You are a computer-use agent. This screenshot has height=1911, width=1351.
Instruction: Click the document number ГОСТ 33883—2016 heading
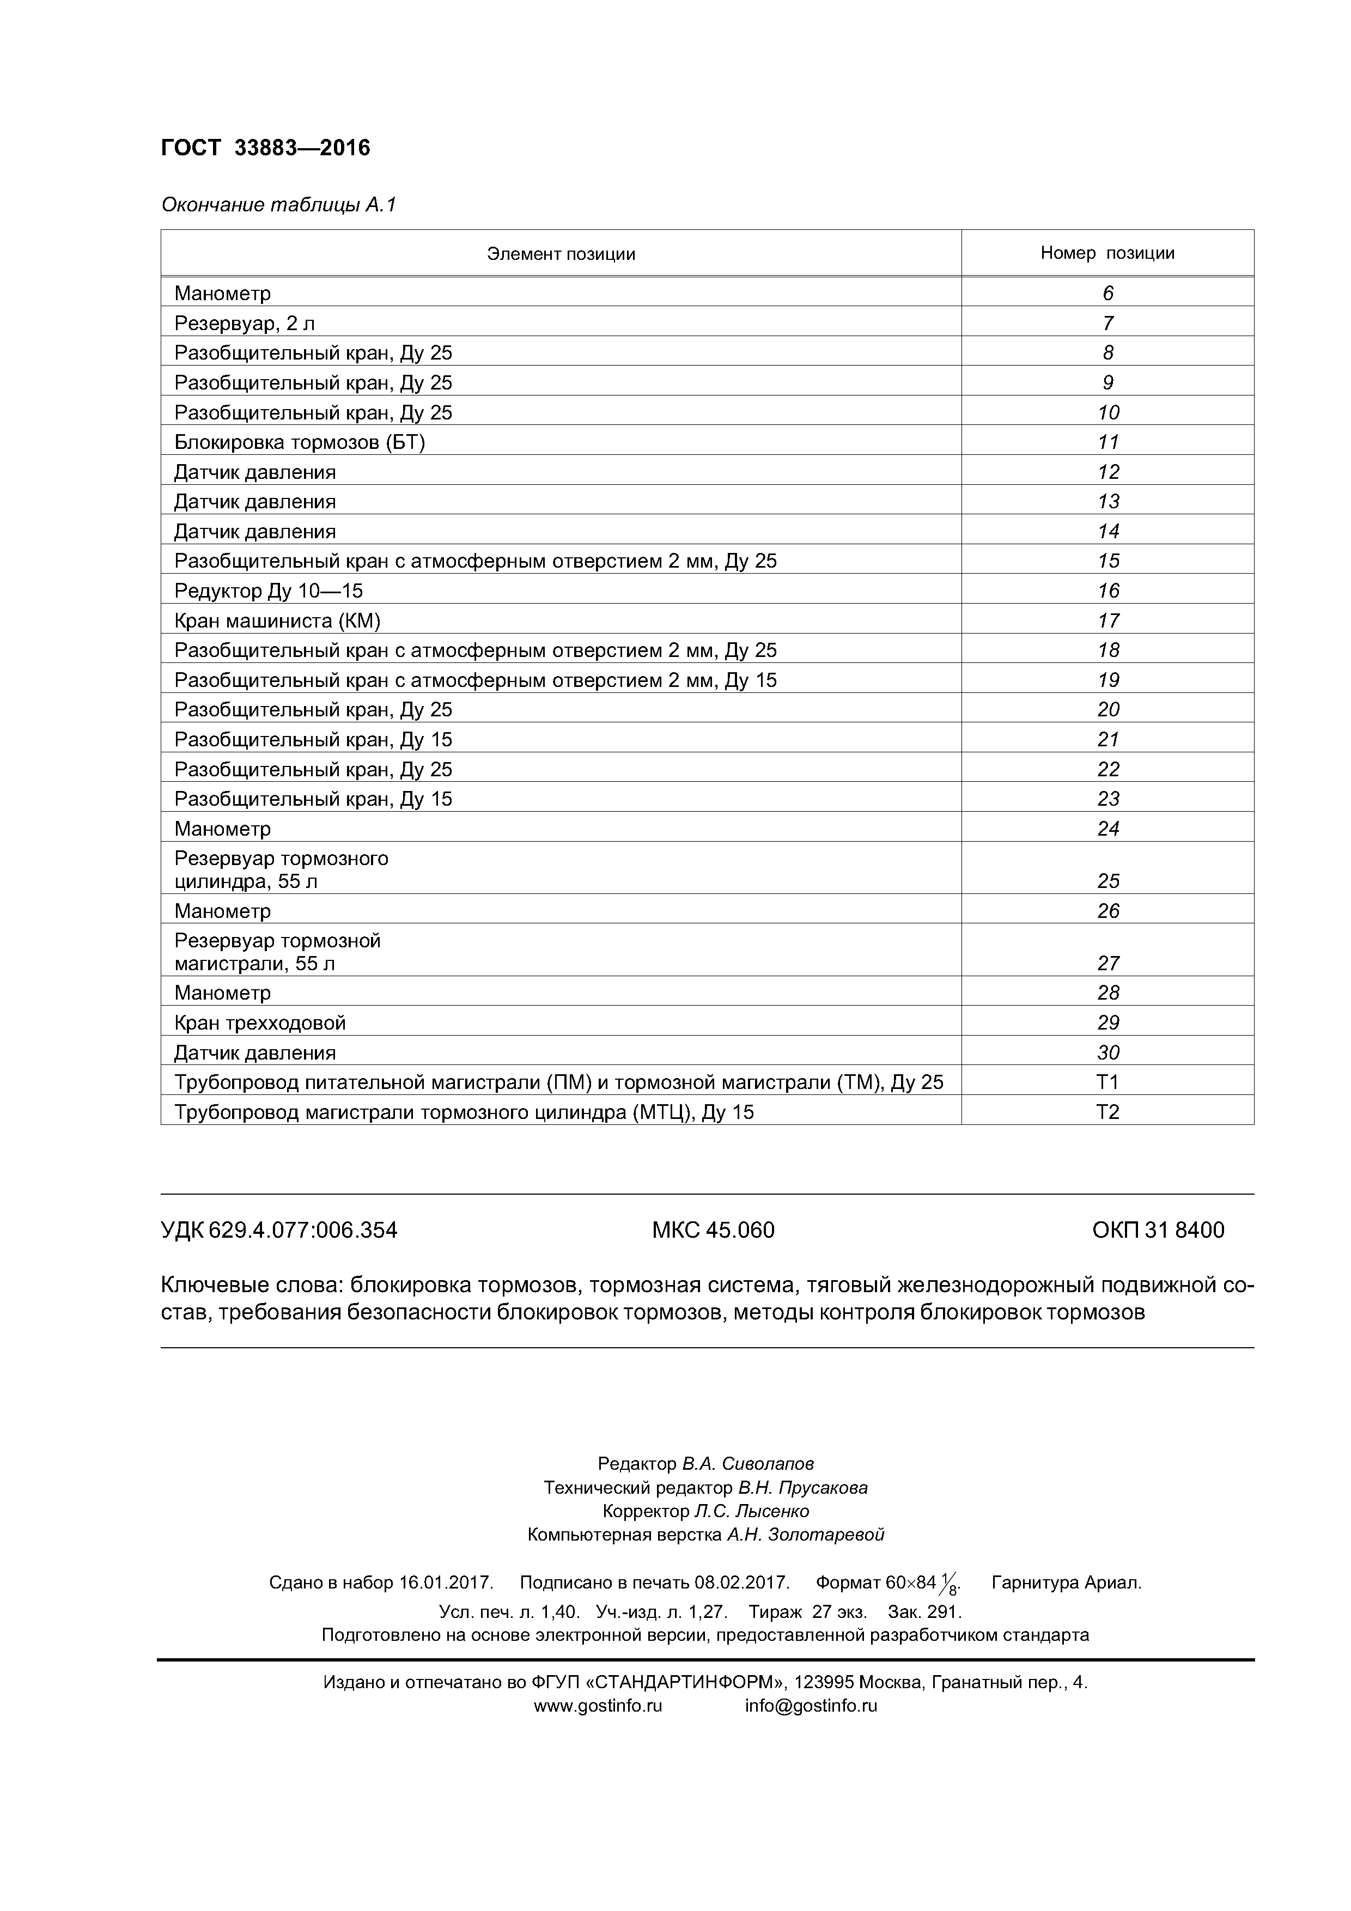coord(265,148)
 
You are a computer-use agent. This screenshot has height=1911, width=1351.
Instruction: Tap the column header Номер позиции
coord(1106,253)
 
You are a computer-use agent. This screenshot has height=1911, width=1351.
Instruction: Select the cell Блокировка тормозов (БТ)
coord(299,442)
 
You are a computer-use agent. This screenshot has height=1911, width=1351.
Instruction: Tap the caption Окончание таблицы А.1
coord(278,205)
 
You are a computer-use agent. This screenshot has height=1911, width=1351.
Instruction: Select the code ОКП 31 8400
coord(1157,1230)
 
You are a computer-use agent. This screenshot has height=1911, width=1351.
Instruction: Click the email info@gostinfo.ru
coord(810,1706)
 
